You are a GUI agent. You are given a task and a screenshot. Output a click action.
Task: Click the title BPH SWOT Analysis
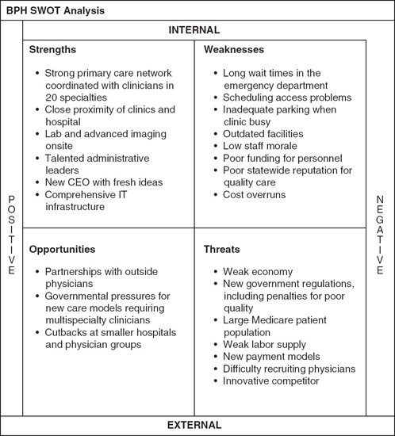click(56, 10)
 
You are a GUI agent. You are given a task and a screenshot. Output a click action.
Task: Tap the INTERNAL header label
click(194, 30)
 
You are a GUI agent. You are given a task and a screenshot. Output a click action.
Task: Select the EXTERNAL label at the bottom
click(194, 425)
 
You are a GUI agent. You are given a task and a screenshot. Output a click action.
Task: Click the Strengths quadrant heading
click(52, 49)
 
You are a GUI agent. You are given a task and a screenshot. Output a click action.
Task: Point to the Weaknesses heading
click(234, 49)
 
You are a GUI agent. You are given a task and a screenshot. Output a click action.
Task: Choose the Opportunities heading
click(62, 249)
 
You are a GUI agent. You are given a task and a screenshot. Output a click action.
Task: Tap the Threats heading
click(221, 249)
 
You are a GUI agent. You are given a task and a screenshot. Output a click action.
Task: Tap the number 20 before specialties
click(52, 98)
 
